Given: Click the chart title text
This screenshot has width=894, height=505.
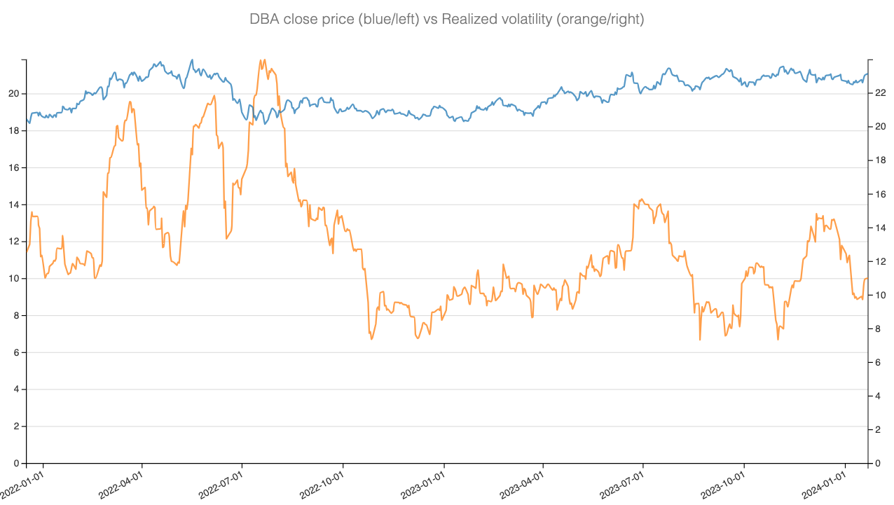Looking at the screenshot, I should (446, 20).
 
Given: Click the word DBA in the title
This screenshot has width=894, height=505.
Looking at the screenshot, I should (264, 20).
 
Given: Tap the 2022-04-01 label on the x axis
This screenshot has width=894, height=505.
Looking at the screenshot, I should (120, 484).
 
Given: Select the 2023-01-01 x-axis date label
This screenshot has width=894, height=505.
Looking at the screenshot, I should (422, 484).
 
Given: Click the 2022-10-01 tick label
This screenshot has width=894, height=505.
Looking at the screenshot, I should (321, 484).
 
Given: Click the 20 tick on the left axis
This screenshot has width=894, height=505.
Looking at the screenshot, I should (15, 94).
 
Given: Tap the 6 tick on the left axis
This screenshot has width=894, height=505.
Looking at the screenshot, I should (18, 353).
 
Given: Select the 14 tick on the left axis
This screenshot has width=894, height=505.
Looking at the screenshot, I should (15, 205).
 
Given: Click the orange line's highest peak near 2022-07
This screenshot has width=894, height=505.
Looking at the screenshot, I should (263, 60).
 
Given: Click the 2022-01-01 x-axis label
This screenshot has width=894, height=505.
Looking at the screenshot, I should (22, 484).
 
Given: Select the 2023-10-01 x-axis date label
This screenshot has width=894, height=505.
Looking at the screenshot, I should (722, 484).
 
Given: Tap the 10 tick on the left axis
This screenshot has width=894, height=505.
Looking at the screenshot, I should (15, 279).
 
